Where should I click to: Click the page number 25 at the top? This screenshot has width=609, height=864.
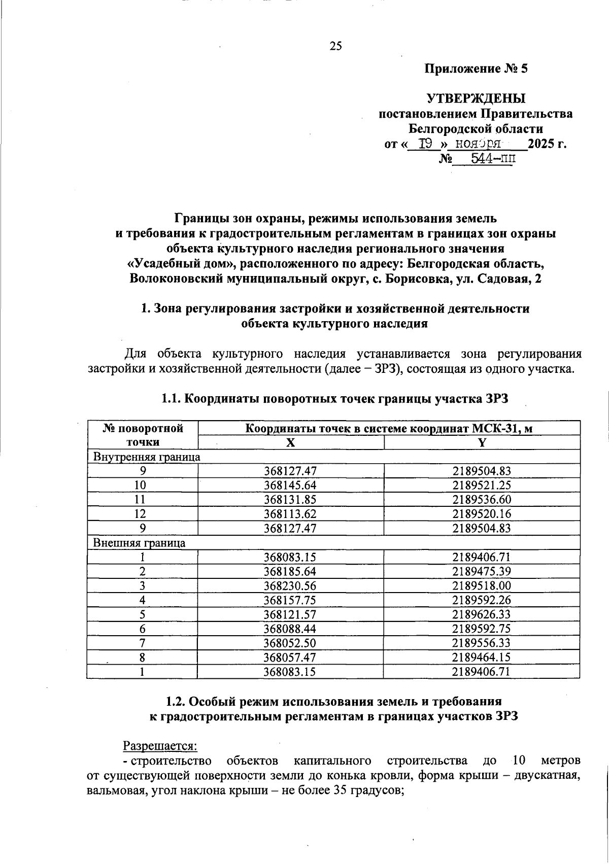coord(336,46)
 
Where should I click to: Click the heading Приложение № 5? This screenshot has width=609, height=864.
coord(476,69)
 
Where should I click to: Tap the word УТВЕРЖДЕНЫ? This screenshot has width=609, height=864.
coord(476,98)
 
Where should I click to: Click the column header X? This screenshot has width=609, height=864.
coord(290,442)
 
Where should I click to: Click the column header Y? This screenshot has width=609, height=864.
coord(482,442)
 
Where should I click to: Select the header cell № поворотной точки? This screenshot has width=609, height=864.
coord(143,435)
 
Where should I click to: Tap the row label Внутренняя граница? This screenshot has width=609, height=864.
coord(147,457)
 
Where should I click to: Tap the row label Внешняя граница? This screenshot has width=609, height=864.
coord(139,543)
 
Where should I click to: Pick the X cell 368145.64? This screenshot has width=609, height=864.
coord(290,485)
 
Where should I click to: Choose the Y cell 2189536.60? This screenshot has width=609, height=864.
coord(482,499)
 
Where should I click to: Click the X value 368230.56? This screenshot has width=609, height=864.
coord(290,585)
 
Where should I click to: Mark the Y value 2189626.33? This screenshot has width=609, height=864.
coord(482,614)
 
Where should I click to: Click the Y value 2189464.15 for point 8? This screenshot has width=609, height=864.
coord(482,658)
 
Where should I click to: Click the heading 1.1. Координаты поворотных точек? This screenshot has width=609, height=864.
coord(334,399)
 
